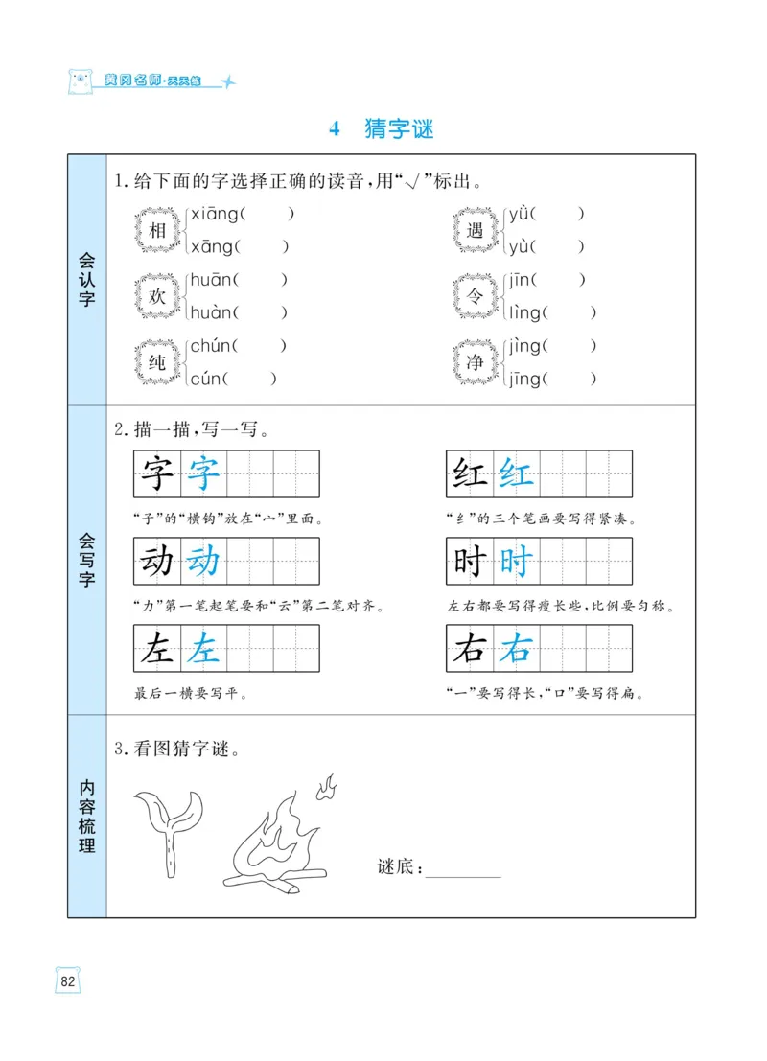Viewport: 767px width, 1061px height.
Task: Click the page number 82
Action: click(68, 980)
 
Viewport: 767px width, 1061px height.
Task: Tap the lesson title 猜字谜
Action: click(399, 128)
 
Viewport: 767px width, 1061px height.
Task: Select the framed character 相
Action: click(157, 231)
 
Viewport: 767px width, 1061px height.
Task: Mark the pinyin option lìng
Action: click(525, 312)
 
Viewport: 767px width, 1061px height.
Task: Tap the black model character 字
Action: click(157, 473)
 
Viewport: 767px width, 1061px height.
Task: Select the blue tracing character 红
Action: click(516, 473)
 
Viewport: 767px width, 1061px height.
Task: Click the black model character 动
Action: click(157, 562)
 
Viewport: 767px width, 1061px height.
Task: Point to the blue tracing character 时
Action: click(516, 562)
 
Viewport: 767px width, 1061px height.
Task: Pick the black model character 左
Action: click(157, 649)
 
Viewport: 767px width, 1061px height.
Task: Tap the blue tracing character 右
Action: click(516, 649)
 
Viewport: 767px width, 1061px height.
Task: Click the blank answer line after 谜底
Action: click(463, 870)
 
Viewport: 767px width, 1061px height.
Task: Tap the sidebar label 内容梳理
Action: click(86, 816)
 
